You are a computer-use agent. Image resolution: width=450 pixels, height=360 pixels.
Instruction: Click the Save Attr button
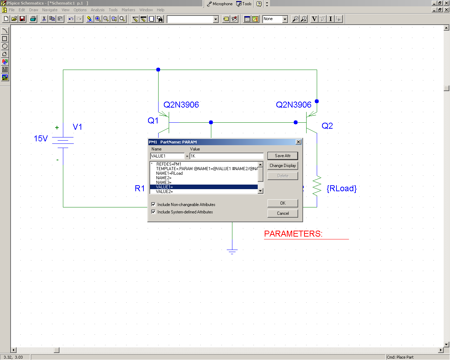coord(283,156)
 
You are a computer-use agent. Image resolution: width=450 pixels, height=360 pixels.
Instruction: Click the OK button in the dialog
coord(283,203)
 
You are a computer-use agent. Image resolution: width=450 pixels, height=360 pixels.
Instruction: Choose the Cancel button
coord(283,213)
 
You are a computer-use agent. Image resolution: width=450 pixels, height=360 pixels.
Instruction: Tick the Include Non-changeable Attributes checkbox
coord(154,204)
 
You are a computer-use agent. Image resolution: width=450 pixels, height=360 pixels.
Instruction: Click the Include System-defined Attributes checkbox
coord(154,212)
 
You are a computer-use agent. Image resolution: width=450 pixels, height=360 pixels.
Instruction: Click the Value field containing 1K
coord(226,156)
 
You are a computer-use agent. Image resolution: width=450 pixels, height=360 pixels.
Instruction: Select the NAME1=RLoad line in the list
coord(169,173)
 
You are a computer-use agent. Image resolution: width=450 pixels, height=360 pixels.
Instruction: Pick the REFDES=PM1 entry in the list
coord(168,164)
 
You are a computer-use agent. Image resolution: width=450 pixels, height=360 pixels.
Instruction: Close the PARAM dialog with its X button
coord(298,142)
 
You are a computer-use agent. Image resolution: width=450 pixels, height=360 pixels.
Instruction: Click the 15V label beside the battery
coord(41,139)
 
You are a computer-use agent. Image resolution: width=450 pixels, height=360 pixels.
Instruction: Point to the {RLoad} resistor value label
coord(341,188)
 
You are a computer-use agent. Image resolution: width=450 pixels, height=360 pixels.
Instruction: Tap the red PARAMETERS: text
coord(293,234)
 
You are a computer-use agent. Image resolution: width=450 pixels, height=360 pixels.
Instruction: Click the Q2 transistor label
coord(327,126)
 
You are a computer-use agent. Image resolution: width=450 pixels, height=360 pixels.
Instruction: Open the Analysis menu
coord(97,10)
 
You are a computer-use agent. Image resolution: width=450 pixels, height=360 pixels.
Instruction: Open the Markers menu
coord(128,10)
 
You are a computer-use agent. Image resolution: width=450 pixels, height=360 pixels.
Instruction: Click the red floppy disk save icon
coord(22,19)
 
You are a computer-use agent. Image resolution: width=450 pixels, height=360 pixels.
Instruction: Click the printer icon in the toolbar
coord(33,19)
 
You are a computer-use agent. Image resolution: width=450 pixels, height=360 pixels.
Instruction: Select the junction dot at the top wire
coord(158,70)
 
